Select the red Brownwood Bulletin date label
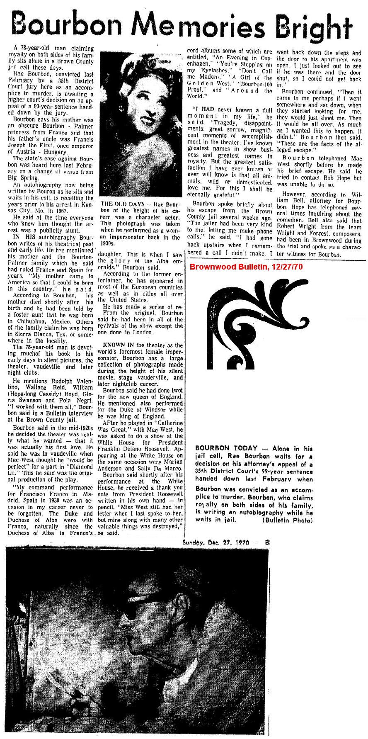point(246,266)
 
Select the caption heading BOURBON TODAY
point(223,449)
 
